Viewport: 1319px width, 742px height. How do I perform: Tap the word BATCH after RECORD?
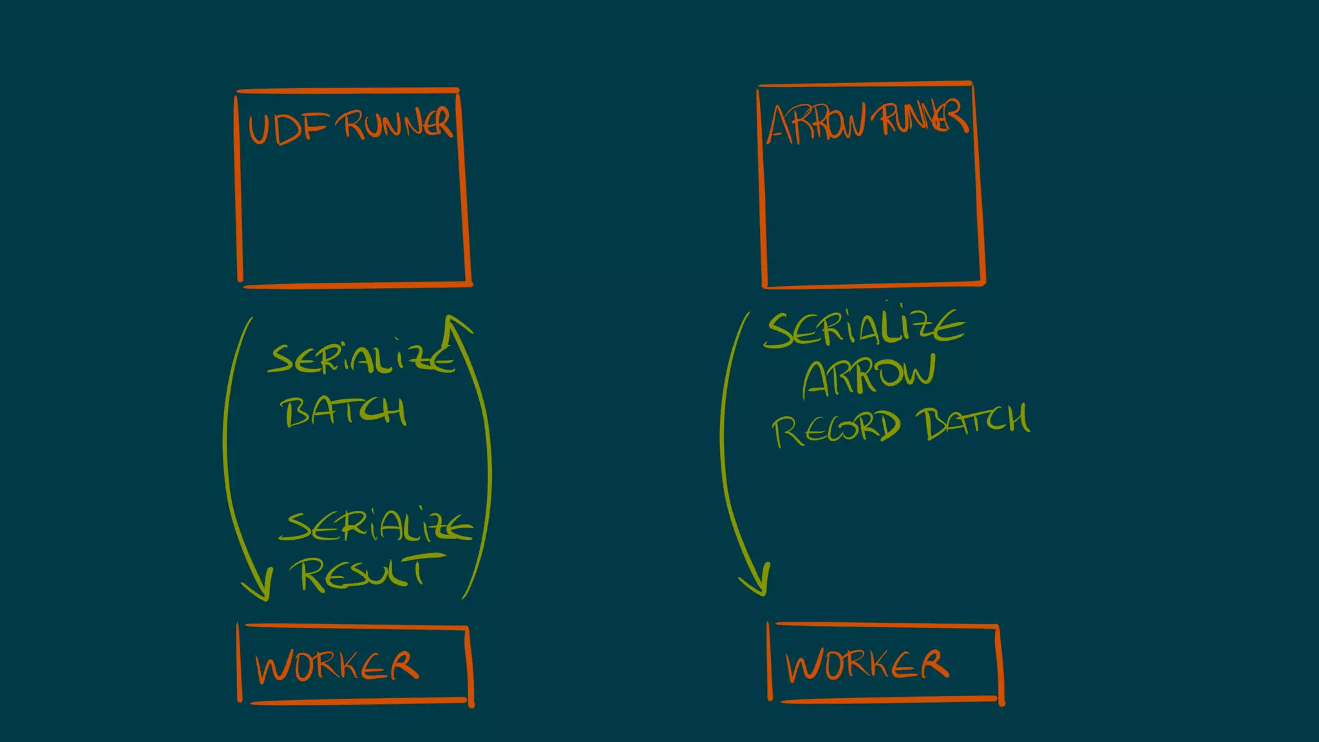pyautogui.click(x=975, y=422)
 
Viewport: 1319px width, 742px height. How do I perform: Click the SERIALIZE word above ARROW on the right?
pyautogui.click(x=864, y=329)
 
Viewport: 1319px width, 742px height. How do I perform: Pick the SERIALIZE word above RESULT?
pyautogui.click(x=375, y=528)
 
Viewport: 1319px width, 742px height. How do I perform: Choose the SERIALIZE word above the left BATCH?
pyautogui.click(x=361, y=359)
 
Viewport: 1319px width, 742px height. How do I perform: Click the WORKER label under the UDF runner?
pyautogui.click(x=337, y=667)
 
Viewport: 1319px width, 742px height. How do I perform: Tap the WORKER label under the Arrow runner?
pyautogui.click(x=867, y=665)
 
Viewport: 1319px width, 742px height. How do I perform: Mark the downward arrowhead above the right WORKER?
pyautogui.click(x=757, y=583)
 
